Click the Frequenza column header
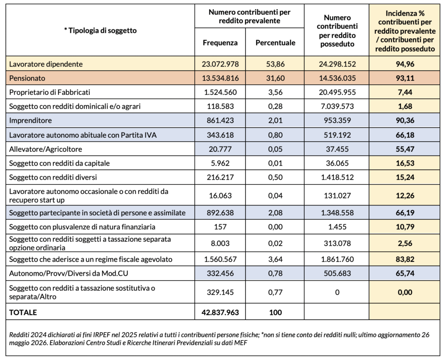click(220, 43)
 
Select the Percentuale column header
click(275, 43)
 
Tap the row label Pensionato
click(27, 78)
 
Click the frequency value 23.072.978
click(220, 64)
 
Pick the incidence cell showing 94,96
click(405, 64)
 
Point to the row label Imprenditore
click(31, 121)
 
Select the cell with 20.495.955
click(337, 92)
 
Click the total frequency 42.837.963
click(220, 312)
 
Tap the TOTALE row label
click(23, 312)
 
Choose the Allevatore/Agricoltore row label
click(45, 149)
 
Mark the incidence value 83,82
click(405, 260)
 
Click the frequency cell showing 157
click(220, 227)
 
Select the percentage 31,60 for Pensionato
click(275, 78)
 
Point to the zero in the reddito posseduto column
click(337, 292)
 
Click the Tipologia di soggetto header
click(100, 31)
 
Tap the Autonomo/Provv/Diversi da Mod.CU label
click(69, 274)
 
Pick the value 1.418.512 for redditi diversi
click(337, 177)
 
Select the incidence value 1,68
click(405, 107)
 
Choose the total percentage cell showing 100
click(275, 312)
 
